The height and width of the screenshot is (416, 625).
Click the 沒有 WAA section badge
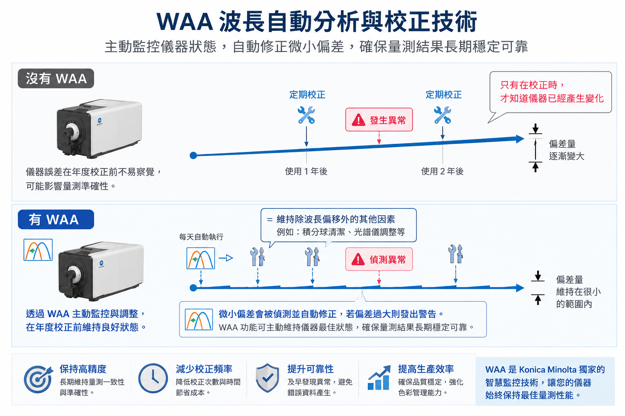click(56, 78)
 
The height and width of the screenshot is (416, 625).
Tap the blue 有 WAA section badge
click(56, 219)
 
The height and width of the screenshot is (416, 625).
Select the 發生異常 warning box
click(379, 119)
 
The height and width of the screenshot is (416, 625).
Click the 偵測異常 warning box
click(379, 259)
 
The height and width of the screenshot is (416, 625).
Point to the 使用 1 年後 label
click(306, 171)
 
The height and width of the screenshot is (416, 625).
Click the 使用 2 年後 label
click(442, 171)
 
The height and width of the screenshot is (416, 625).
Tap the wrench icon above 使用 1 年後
click(306, 115)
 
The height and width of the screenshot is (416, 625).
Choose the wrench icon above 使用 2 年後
click(443, 115)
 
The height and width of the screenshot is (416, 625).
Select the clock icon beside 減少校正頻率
click(153, 378)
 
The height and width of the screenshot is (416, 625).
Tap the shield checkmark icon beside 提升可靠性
click(267, 378)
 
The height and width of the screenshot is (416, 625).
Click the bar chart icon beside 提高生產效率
click(379, 377)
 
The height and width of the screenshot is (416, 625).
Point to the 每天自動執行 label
click(201, 237)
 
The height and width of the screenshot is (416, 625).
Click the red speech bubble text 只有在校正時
click(532, 85)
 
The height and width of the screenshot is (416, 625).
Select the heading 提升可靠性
click(310, 369)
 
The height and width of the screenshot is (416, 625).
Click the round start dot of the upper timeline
click(193, 156)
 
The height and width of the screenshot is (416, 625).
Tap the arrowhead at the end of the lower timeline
click(520, 288)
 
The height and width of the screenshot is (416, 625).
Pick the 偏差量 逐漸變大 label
click(566, 150)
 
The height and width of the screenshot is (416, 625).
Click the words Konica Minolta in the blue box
click(546, 369)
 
